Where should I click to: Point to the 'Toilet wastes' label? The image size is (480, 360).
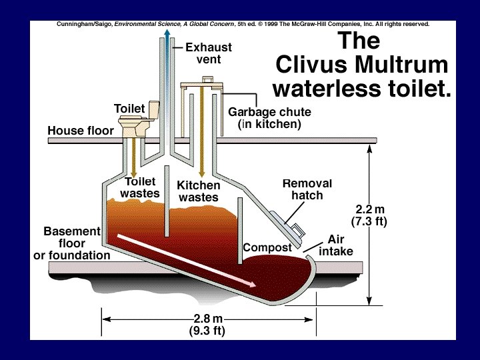(140, 187)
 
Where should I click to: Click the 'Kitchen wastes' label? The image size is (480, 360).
(198, 191)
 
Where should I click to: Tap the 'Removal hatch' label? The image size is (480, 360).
(307, 189)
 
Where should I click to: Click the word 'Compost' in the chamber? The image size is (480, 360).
(267, 247)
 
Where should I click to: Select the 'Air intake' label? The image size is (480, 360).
(336, 245)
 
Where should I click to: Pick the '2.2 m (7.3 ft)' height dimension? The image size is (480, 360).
(369, 215)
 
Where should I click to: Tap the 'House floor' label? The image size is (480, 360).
(81, 131)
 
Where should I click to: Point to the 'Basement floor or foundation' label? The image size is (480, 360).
(72, 243)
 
